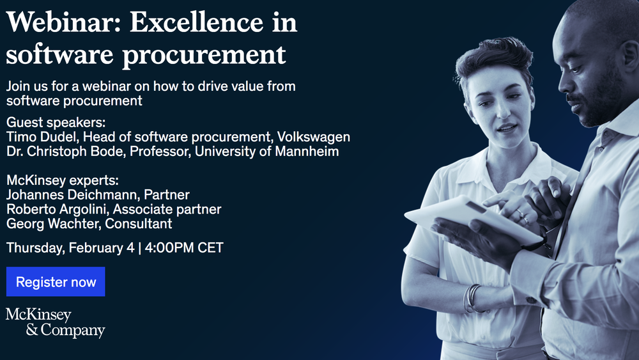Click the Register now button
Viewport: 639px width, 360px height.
56,282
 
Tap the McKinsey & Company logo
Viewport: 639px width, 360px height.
56,322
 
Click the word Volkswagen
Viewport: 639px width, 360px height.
313,137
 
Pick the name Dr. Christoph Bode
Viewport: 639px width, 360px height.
65,152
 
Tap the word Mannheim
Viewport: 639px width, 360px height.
307,152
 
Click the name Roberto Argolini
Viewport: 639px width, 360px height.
58,209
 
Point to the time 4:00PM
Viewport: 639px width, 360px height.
169,247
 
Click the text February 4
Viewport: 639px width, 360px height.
102,247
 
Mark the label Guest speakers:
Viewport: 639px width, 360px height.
56,122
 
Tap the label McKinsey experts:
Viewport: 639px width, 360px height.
63,180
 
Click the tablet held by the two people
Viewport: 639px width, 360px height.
473,219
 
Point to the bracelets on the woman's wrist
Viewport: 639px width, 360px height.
472,298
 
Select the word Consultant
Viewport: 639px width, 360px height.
139,223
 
